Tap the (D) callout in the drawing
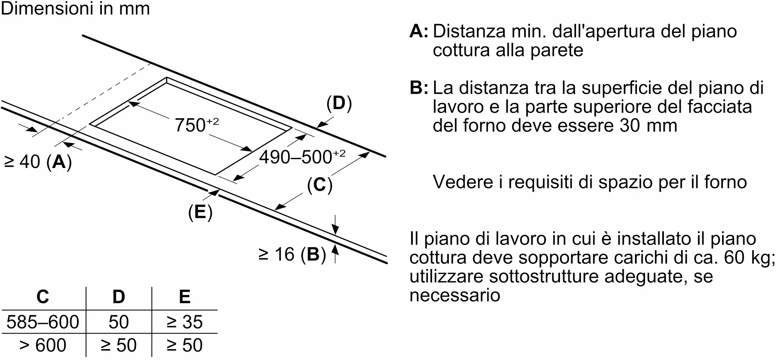(339, 103)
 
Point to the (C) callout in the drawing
(320, 185)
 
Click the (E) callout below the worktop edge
(200, 212)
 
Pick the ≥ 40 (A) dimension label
(38, 162)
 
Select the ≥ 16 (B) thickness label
(292, 254)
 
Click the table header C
(43, 297)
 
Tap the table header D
(119, 297)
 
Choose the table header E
(185, 297)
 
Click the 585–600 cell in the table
(43, 322)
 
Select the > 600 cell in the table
(43, 345)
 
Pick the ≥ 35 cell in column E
(185, 322)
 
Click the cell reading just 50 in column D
(119, 322)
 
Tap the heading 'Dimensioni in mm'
(75, 9)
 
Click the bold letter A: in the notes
(419, 31)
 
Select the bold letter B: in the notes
(419, 88)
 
